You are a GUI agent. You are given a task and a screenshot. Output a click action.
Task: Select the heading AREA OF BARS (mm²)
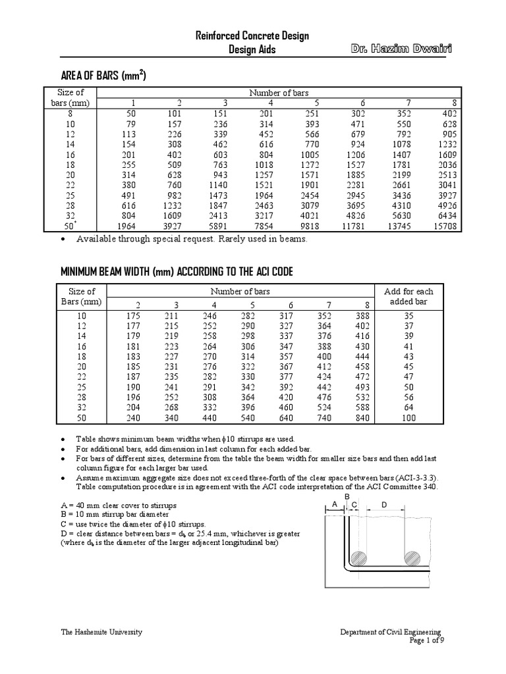[103, 76]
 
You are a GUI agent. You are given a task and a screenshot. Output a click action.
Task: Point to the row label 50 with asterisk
[66, 226]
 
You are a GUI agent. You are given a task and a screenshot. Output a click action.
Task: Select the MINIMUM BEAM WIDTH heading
[177, 272]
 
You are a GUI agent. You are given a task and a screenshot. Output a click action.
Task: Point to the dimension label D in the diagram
[384, 505]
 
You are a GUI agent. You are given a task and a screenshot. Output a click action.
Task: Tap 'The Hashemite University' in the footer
[101, 632]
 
